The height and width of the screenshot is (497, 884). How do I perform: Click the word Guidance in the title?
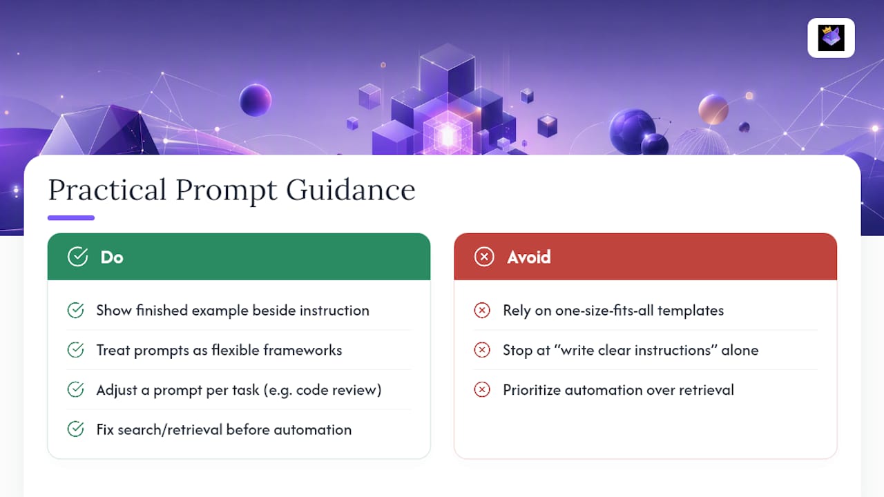[351, 190]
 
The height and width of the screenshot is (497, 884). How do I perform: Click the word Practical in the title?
[107, 190]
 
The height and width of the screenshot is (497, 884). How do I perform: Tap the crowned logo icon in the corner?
[831, 38]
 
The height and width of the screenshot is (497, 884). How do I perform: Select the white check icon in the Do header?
[78, 257]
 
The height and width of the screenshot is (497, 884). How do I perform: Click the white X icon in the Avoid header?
[484, 257]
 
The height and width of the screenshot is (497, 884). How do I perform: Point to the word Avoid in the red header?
[529, 257]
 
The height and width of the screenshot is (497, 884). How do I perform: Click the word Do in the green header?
[112, 257]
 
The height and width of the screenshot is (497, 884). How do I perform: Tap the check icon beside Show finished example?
[75, 310]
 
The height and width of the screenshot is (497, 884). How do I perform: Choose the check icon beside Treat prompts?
[75, 350]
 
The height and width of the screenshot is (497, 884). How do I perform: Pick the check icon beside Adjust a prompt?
[75, 390]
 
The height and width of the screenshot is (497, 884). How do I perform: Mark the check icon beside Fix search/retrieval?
[75, 429]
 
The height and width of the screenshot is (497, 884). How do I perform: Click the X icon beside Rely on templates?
[482, 310]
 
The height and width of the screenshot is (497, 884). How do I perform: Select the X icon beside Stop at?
[482, 350]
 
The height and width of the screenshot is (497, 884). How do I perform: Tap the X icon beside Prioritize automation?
[482, 390]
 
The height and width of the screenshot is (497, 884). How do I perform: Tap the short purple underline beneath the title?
[71, 217]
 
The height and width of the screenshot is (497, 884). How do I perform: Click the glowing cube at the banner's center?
[448, 134]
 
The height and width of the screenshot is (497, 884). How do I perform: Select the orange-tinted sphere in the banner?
[713, 109]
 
